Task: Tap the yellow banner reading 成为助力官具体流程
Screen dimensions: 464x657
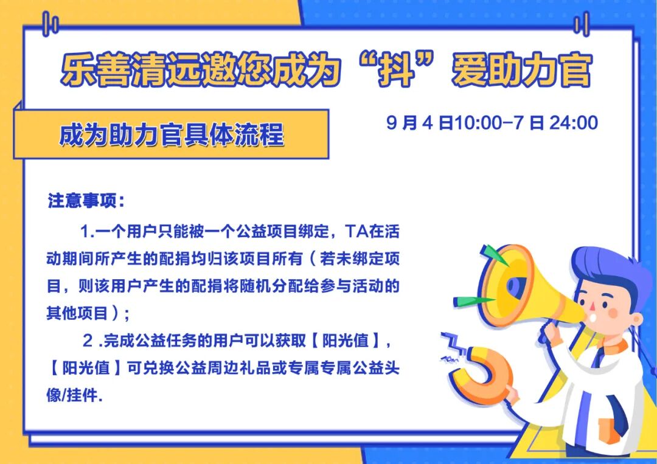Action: pyautogui.click(x=172, y=134)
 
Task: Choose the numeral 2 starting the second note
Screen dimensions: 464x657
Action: pyautogui.click(x=88, y=341)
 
